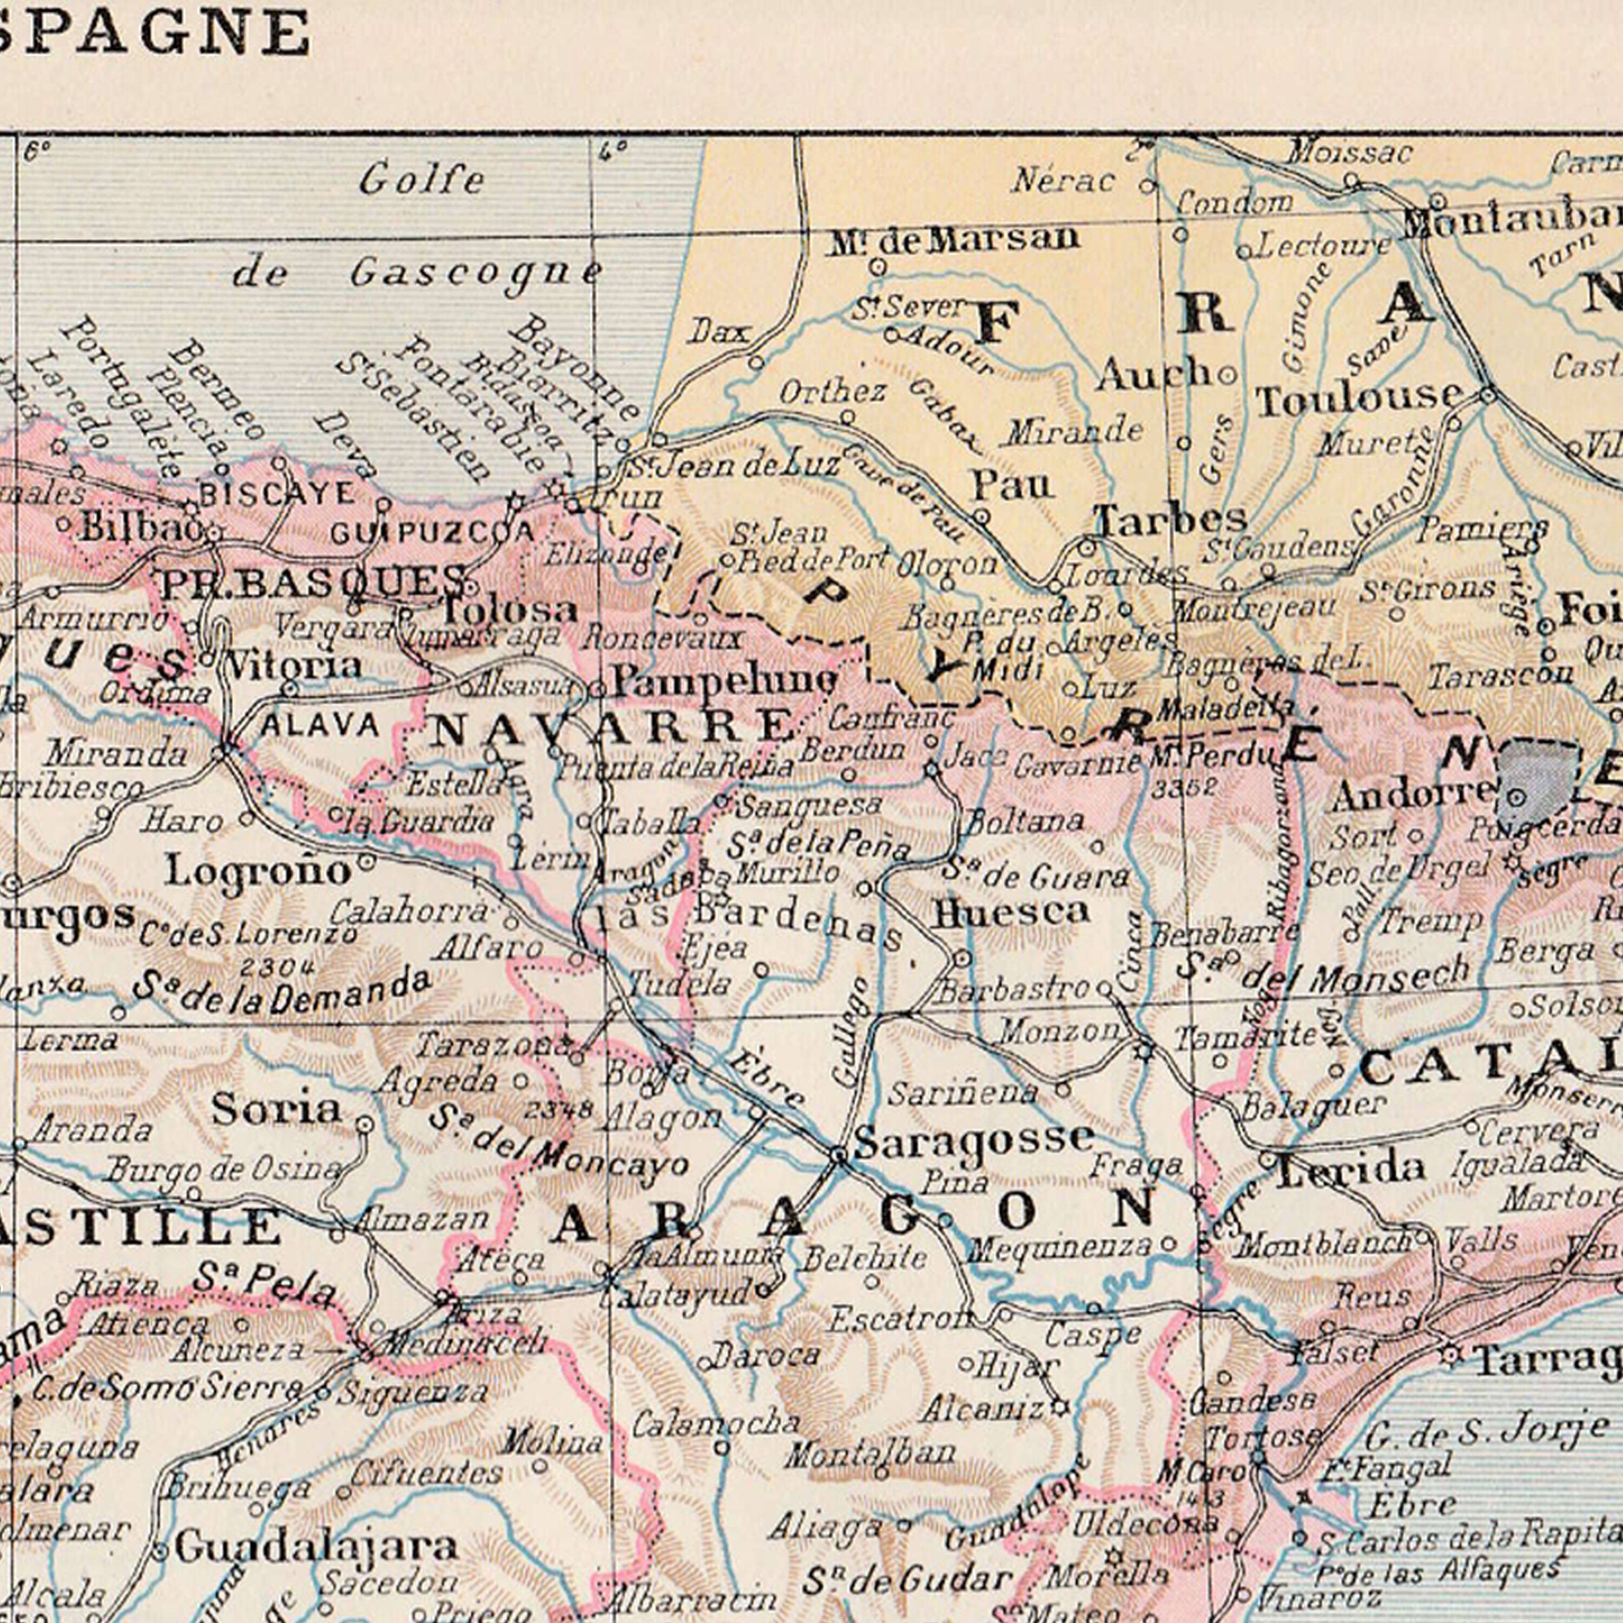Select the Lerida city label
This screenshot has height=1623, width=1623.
click(1351, 1169)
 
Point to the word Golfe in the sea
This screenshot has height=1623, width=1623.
click(422, 180)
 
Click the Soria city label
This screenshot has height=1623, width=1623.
click(276, 1109)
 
